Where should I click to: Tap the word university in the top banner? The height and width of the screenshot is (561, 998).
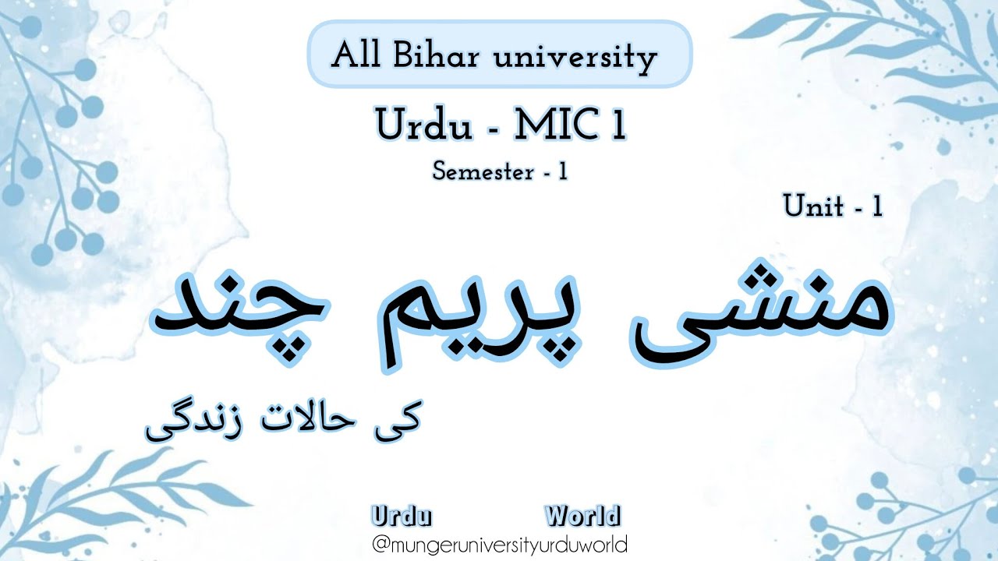tap(575, 58)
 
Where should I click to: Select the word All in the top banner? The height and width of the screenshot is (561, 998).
tap(356, 55)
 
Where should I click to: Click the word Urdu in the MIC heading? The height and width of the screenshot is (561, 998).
tap(423, 125)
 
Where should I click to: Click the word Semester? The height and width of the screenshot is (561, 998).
tap(483, 172)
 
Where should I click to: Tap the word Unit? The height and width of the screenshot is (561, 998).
tap(813, 206)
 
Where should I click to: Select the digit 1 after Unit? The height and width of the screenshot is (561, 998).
tap(877, 206)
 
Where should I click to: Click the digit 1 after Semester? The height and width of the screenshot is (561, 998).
tap(563, 171)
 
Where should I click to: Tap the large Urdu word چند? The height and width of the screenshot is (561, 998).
tap(239, 316)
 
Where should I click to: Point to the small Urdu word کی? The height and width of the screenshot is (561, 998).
tap(398, 421)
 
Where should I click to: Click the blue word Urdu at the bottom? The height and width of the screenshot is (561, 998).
tap(402, 517)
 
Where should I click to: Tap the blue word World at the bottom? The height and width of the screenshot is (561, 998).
tap(582, 516)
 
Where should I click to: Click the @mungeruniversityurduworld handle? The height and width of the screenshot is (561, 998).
tap(500, 545)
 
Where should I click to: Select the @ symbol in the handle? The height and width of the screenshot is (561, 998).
tap(381, 545)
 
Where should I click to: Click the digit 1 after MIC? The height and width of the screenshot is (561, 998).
tap(619, 125)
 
